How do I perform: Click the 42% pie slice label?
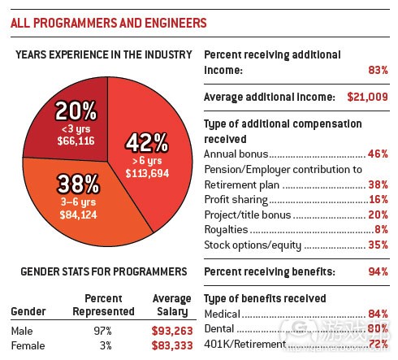point(146,144)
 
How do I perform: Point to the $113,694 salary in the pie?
point(147,172)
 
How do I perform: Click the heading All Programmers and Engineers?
point(108,24)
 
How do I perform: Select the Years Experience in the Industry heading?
point(102,55)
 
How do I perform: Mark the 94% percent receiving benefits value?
point(378,271)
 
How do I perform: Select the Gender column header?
point(28,312)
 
